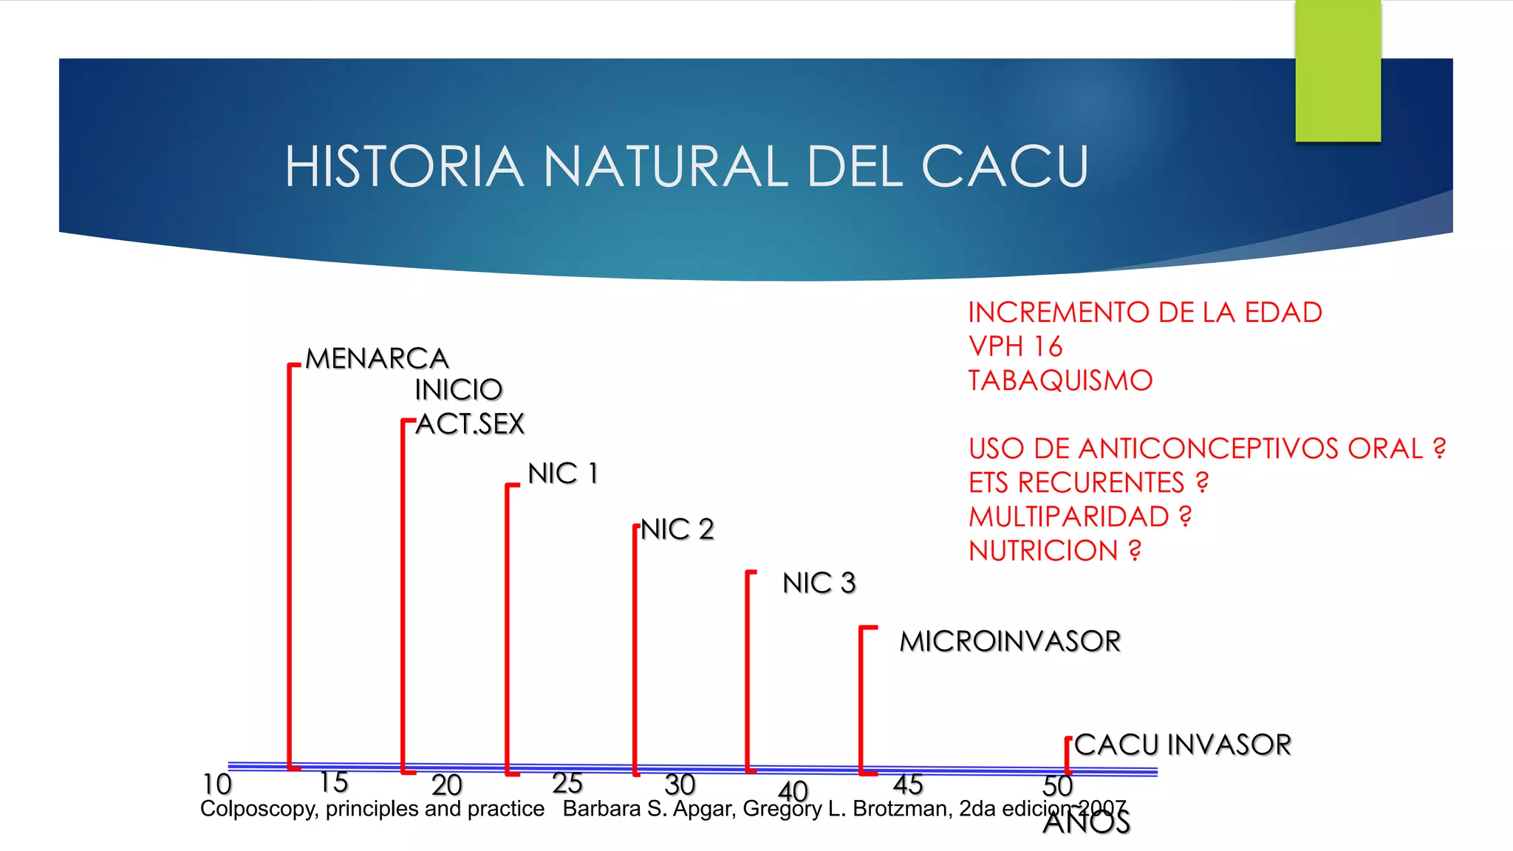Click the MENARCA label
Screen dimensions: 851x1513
(x=377, y=359)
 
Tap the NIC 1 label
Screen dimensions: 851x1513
(x=563, y=474)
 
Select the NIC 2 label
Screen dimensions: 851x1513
(x=677, y=530)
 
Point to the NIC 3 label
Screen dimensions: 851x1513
(x=819, y=584)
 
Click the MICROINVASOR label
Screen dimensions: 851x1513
(x=1010, y=641)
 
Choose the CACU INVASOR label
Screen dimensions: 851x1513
(x=1183, y=745)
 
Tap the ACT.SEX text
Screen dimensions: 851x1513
(x=470, y=424)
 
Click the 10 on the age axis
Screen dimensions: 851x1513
(x=217, y=784)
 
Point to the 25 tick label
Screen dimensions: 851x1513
(x=567, y=783)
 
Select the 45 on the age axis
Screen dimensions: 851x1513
(x=908, y=784)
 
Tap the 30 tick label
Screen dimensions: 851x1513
(x=680, y=784)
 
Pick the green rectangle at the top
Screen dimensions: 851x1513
(x=1338, y=70)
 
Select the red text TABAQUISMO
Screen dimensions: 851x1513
(x=1060, y=381)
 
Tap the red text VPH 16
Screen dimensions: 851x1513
(x=1015, y=346)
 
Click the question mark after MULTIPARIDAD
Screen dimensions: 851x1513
(x=1186, y=516)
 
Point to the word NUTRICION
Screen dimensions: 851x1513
(x=1043, y=551)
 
